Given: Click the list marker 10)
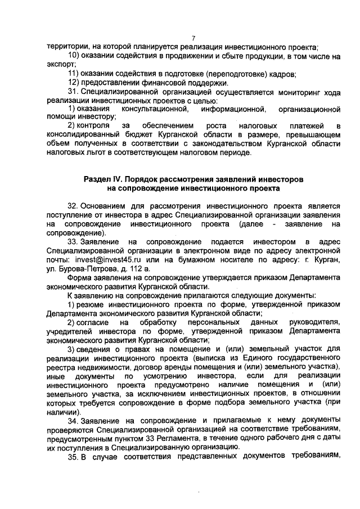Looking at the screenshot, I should point(74,56).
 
